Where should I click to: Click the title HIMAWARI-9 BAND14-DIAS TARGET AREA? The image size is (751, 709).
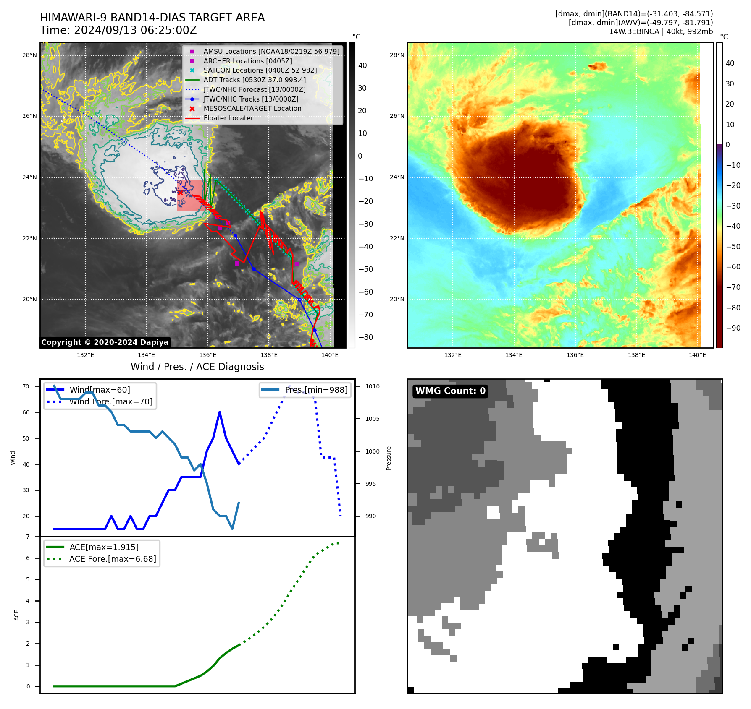(x=152, y=18)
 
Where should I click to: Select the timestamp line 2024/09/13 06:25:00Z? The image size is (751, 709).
(x=118, y=30)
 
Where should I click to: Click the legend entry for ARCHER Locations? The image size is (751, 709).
(x=248, y=61)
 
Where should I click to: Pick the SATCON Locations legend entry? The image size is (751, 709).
(x=260, y=70)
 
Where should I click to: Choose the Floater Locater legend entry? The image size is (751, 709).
(x=228, y=118)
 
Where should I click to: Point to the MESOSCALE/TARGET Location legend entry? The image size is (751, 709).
(x=252, y=109)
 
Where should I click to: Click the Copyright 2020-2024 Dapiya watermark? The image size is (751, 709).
(x=105, y=342)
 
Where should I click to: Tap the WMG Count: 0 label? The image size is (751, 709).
(x=450, y=391)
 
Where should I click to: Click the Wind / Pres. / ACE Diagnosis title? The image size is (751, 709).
(x=197, y=367)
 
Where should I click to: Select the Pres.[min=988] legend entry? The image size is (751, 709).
(x=316, y=390)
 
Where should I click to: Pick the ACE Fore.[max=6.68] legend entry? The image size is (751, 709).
(x=112, y=559)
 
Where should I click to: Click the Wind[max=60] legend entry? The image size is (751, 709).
(x=100, y=390)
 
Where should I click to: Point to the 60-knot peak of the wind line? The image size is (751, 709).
(x=220, y=412)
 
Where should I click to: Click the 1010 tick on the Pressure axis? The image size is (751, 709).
(x=372, y=386)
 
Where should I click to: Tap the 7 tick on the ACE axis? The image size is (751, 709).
(x=28, y=537)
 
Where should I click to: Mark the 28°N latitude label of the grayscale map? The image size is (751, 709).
(x=29, y=55)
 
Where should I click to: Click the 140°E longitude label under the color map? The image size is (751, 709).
(x=697, y=355)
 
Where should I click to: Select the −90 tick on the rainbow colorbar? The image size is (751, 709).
(x=733, y=328)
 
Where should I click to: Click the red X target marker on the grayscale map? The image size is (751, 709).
(x=180, y=193)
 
